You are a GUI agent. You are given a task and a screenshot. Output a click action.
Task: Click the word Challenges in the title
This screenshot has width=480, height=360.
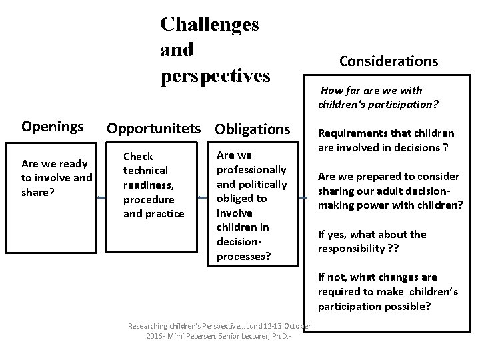pos(209,25)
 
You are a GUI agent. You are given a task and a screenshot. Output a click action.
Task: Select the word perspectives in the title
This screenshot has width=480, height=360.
pos(215,75)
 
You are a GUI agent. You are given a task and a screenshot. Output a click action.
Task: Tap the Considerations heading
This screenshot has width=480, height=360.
pos(388,61)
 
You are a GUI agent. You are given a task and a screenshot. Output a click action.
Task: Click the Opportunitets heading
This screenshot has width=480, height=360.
pos(157,127)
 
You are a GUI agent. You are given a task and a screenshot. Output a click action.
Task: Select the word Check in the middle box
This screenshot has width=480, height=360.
pos(138,156)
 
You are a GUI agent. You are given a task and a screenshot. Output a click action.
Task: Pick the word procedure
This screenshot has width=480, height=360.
pos(149,199)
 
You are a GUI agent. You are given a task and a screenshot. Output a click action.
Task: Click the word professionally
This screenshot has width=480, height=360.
pos(252,169)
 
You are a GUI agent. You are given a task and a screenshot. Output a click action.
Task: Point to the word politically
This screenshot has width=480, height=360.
pos(262,183)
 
